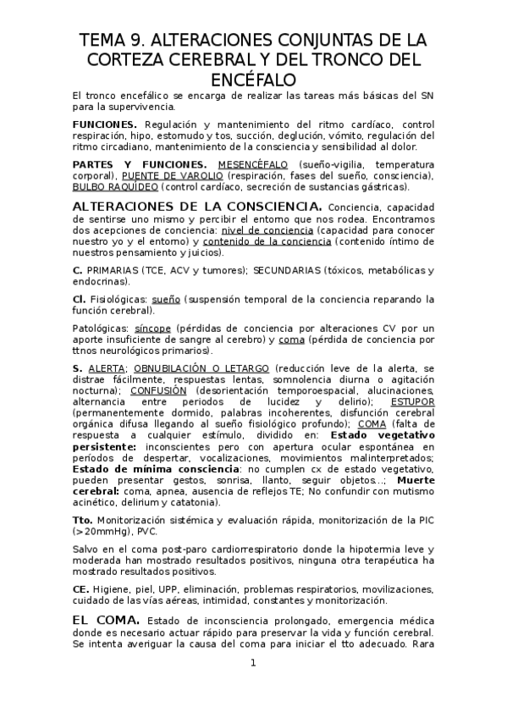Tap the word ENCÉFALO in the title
click(253, 79)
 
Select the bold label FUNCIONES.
click(99, 124)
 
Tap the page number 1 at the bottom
click(252, 663)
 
